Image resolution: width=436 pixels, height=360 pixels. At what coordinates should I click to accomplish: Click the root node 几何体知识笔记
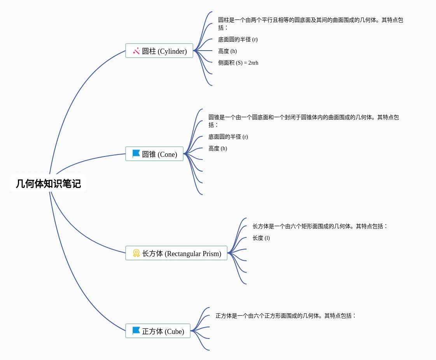[x=48, y=183]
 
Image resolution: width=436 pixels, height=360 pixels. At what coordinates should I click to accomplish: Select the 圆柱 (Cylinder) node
[x=159, y=51]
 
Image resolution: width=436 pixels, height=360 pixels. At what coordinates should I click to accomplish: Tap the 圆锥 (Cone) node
[x=154, y=154]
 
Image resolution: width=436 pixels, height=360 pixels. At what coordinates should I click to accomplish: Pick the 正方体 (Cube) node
[x=158, y=331]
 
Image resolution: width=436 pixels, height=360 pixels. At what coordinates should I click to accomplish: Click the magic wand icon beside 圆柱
[x=136, y=51]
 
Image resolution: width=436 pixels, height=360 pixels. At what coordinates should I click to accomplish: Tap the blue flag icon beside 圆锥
[x=136, y=154]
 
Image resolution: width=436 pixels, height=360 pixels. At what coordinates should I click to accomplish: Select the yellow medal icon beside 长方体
[x=136, y=253]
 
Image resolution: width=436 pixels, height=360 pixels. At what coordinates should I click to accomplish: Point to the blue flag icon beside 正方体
[x=136, y=331]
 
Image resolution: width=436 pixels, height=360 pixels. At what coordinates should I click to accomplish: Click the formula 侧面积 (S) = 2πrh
[x=238, y=63]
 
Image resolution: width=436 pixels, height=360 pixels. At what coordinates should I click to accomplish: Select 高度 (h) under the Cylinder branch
[x=228, y=51]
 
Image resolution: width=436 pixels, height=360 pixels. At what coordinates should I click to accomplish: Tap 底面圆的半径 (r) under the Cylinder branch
[x=238, y=39]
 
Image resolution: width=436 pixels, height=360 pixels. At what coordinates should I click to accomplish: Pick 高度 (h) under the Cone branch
[x=218, y=148]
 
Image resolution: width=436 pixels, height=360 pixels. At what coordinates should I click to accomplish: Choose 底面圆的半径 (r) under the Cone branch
[x=228, y=137]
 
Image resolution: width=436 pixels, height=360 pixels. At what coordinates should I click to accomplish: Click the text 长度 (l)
[x=261, y=238]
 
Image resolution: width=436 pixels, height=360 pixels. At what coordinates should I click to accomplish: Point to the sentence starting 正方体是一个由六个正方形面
[x=286, y=316]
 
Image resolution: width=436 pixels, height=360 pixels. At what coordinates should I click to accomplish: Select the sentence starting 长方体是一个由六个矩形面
[x=320, y=226]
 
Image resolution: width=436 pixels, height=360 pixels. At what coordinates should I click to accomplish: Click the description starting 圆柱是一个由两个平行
[x=310, y=23]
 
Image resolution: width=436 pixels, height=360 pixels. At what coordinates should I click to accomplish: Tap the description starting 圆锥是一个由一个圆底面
[x=303, y=121]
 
